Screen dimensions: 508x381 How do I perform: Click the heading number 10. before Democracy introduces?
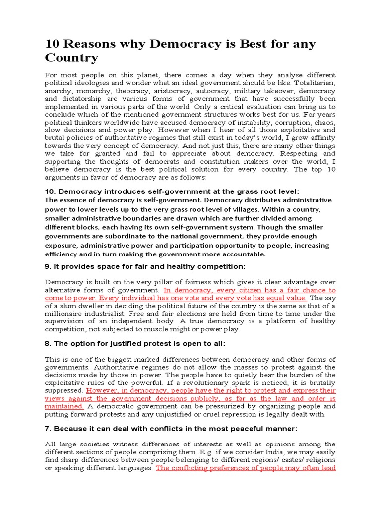pyautogui.click(x=51, y=191)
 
